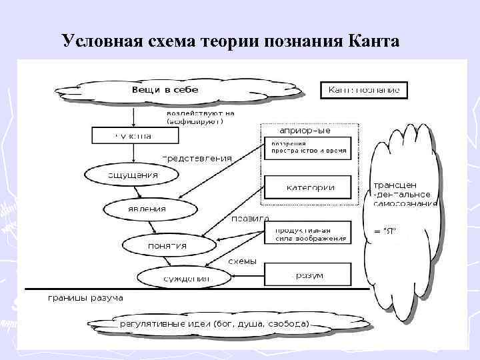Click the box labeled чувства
(134, 136)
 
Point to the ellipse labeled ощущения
(131, 175)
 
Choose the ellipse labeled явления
(149, 209)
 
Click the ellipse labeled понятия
(167, 245)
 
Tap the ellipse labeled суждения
(183, 278)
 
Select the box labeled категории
(310, 187)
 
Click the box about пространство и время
(309, 148)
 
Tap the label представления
(197, 159)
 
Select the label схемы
(242, 261)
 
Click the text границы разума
(85, 297)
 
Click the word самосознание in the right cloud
(405, 203)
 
